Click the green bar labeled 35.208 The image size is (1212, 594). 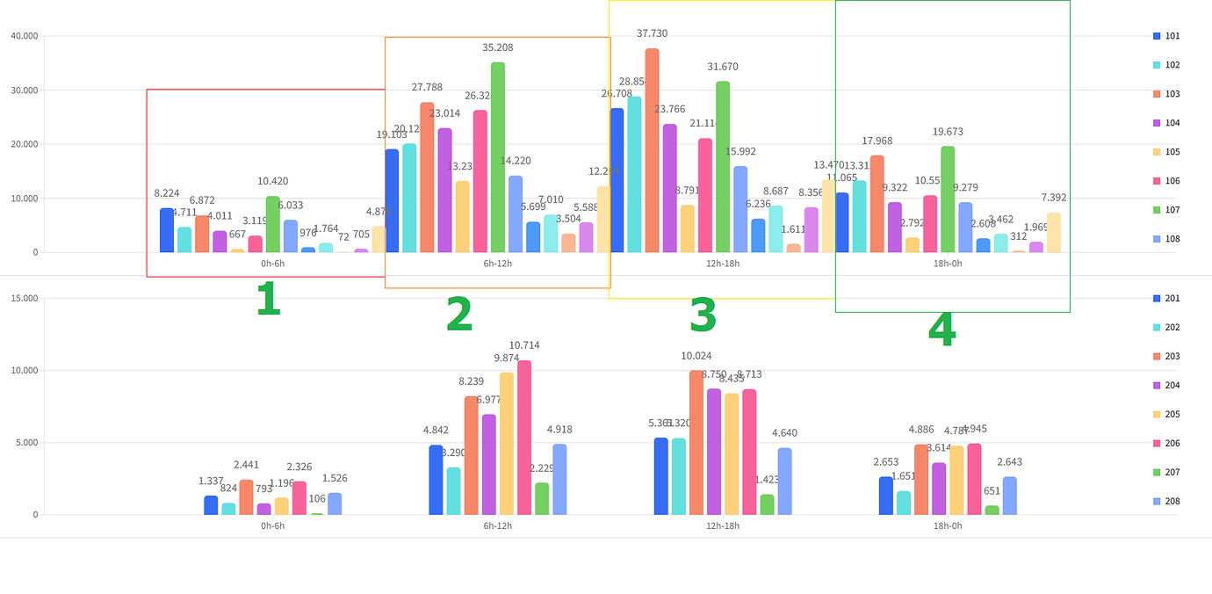tap(498, 158)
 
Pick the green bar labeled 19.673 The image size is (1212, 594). tap(948, 199)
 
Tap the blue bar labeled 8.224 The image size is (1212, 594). tap(167, 230)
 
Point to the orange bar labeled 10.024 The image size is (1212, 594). tap(696, 443)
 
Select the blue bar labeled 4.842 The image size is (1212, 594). tap(436, 480)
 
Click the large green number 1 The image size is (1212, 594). tap(268, 300)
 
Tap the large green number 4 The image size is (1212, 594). tap(941, 330)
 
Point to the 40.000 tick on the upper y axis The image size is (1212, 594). tap(24, 36)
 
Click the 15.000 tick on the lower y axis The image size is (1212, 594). tap(24, 298)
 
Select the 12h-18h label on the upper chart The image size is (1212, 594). tap(723, 264)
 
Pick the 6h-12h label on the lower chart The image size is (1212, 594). tap(498, 525)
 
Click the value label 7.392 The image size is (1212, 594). tap(1054, 198)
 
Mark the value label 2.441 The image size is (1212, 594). tap(247, 465)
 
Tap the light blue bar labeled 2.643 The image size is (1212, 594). tap(1010, 496)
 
